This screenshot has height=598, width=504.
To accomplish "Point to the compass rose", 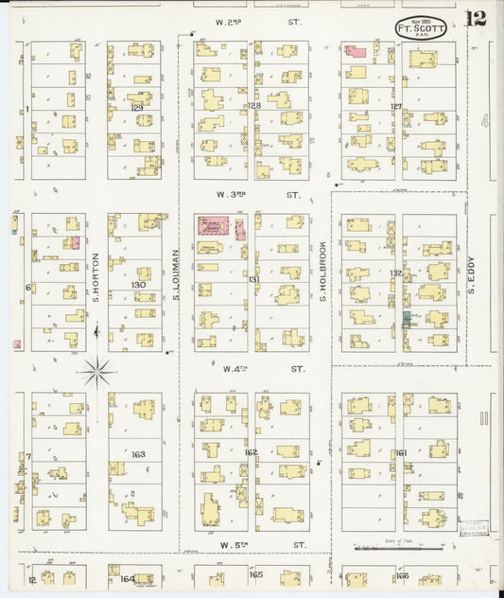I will [x=97, y=370].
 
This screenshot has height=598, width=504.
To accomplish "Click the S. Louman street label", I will [x=176, y=274].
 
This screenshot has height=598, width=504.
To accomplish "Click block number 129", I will [x=137, y=109].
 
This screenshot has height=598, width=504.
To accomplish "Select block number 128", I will [x=254, y=106].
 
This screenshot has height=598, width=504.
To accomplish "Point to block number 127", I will [x=397, y=107].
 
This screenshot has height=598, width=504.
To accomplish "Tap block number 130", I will [x=139, y=284].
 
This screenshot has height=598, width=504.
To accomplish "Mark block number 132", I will [x=397, y=273].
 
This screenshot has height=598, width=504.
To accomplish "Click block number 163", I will [x=138, y=454].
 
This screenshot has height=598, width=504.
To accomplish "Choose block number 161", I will [x=401, y=453].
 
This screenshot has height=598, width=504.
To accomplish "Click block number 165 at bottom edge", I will [x=255, y=573].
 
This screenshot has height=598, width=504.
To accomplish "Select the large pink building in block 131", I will [x=212, y=225].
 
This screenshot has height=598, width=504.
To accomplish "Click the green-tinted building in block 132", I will [x=407, y=319].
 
